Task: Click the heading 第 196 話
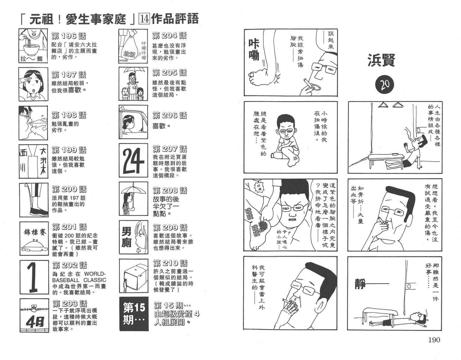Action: tap(69, 36)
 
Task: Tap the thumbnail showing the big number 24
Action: tap(133, 160)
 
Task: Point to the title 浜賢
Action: tap(381, 60)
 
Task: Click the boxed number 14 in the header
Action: tap(144, 19)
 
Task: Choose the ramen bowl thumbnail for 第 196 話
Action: tap(33, 46)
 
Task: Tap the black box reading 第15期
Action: tap(134, 314)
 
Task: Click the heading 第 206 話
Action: tap(170, 115)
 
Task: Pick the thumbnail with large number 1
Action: tap(34, 277)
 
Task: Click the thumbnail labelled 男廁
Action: tap(133, 237)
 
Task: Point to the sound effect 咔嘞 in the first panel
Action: tap(254, 49)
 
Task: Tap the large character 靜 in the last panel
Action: tap(361, 284)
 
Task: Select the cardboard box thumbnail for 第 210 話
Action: tap(134, 276)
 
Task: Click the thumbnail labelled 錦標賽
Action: tap(34, 239)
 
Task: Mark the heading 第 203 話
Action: tap(70, 304)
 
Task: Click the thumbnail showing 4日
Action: tap(34, 315)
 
